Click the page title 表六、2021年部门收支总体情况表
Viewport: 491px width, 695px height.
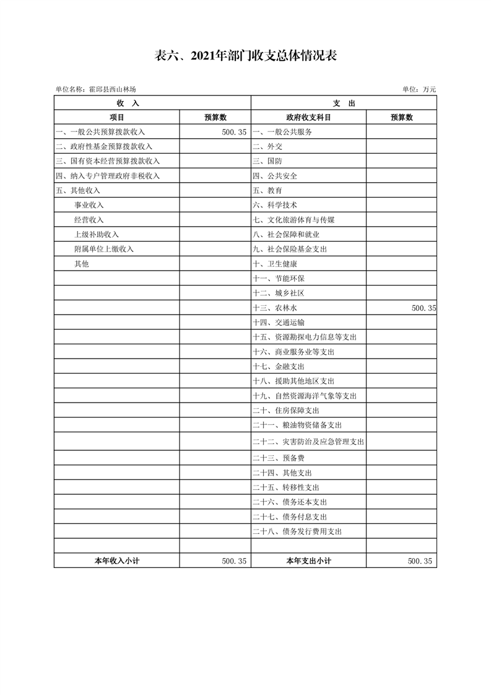coord(245,56)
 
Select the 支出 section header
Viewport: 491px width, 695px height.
coord(344,103)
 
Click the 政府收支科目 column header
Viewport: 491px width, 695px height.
coord(308,117)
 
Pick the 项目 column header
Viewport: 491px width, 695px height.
coord(116,117)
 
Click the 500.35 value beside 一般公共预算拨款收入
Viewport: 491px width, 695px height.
coord(233,132)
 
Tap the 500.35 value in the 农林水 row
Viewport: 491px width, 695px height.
coord(423,308)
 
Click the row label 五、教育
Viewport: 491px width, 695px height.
coord(267,190)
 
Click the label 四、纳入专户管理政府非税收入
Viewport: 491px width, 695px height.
coord(108,176)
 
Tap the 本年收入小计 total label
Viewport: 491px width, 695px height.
coord(116,561)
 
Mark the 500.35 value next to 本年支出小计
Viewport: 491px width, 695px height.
coord(423,561)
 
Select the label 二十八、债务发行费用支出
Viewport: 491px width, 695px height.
coord(297,531)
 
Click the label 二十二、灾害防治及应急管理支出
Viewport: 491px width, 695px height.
coord(308,442)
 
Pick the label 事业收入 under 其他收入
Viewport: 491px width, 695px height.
coord(89,205)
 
